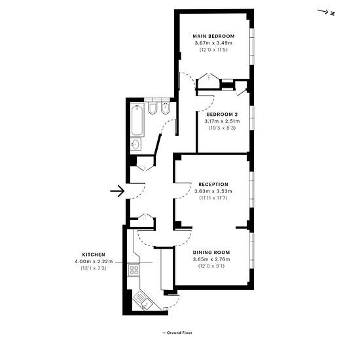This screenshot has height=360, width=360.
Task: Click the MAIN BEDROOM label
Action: pyautogui.click(x=213, y=36)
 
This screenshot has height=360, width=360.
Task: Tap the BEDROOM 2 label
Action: pyautogui.click(x=222, y=115)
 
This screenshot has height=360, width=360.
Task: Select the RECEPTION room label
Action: pyautogui.click(x=213, y=185)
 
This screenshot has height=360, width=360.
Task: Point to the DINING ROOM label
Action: pyautogui.click(x=211, y=252)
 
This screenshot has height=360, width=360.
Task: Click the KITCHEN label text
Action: pyautogui.click(x=94, y=255)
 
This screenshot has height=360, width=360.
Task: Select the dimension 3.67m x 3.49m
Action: pyautogui.click(x=213, y=43)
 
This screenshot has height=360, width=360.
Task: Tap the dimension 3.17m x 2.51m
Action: pyautogui.click(x=222, y=121)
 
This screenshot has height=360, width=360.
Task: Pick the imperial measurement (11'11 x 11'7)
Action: pyautogui.click(x=213, y=198)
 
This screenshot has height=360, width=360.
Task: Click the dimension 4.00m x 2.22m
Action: pyautogui.click(x=94, y=261)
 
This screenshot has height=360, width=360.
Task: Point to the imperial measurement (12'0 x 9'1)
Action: pyautogui.click(x=211, y=266)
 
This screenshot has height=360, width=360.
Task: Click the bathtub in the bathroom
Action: pyautogui.click(x=137, y=120)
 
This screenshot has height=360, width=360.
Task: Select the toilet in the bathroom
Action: pyautogui.click(x=152, y=108)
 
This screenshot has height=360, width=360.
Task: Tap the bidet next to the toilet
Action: pyautogui.click(x=166, y=108)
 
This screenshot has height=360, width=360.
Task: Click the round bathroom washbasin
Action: pyautogui.click(x=135, y=144)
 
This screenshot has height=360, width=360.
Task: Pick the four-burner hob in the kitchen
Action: pyautogui.click(x=134, y=270)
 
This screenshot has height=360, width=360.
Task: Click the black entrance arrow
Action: pyautogui.click(x=117, y=191)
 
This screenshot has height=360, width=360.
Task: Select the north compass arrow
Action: pyautogui.click(x=323, y=12)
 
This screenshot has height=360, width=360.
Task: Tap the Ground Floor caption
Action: pyautogui.click(x=177, y=333)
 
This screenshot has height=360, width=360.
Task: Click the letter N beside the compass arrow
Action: pyautogui.click(x=333, y=14)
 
